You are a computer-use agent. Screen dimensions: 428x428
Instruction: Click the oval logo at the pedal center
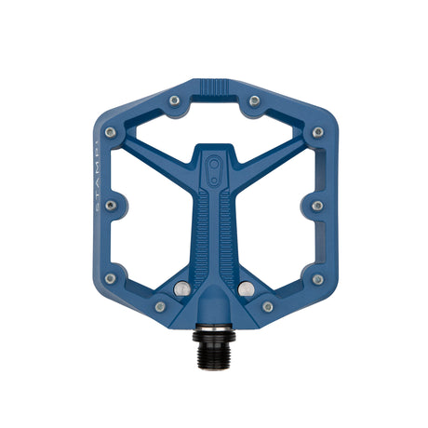click(x=215, y=168)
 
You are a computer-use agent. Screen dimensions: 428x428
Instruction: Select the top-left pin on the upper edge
click(x=175, y=100)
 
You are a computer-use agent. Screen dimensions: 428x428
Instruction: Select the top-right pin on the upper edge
click(x=253, y=100)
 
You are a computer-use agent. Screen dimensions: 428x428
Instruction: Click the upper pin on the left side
click(x=112, y=133)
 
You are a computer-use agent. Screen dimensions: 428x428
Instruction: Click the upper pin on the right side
click(x=317, y=133)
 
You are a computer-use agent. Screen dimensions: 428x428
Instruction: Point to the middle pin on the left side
click(x=112, y=205)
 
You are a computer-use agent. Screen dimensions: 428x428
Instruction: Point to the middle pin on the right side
click(x=317, y=205)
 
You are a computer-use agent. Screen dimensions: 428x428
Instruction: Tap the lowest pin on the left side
click(x=112, y=277)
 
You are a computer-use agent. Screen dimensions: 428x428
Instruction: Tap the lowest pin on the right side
click(x=317, y=277)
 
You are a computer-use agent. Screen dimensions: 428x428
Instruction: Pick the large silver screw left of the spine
click(x=183, y=289)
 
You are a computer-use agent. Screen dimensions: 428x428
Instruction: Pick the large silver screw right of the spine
click(x=245, y=289)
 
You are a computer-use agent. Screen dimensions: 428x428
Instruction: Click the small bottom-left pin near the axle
click(x=160, y=305)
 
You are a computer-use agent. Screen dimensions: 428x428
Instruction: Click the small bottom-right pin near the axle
click(x=268, y=305)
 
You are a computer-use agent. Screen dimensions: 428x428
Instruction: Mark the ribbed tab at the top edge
click(x=214, y=86)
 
